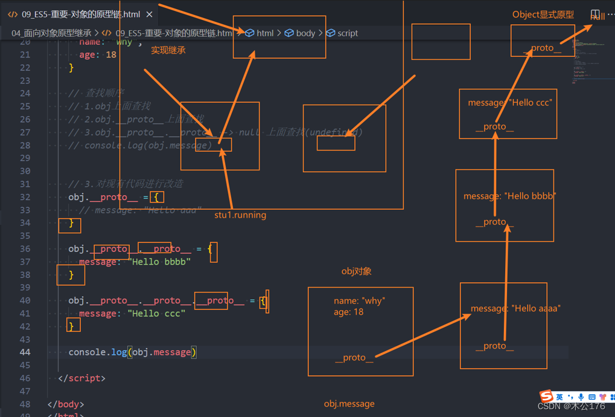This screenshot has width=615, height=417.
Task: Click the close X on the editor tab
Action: click(150, 14)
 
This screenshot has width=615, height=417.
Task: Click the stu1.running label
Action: click(240, 215)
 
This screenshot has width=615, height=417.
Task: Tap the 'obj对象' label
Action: click(356, 271)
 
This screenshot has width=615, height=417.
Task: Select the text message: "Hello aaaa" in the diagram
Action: click(515, 308)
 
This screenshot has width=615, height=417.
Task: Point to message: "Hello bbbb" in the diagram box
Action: click(509, 196)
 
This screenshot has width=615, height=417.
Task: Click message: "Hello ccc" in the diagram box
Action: click(509, 103)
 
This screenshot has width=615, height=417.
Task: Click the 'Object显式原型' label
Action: click(543, 15)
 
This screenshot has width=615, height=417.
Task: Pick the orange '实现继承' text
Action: click(168, 50)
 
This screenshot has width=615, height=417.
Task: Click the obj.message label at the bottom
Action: click(349, 404)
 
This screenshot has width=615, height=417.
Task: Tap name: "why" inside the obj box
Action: click(359, 301)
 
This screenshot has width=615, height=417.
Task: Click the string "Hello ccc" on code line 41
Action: click(156, 313)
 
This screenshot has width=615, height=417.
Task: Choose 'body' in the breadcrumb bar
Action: click(305, 33)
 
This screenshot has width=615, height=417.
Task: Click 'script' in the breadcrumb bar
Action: click(348, 33)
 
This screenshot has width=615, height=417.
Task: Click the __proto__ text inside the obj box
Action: click(354, 358)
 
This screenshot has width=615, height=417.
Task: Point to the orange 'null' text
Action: click(597, 16)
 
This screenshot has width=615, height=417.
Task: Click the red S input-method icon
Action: click(546, 396)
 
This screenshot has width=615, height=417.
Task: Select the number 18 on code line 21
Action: click(111, 54)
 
